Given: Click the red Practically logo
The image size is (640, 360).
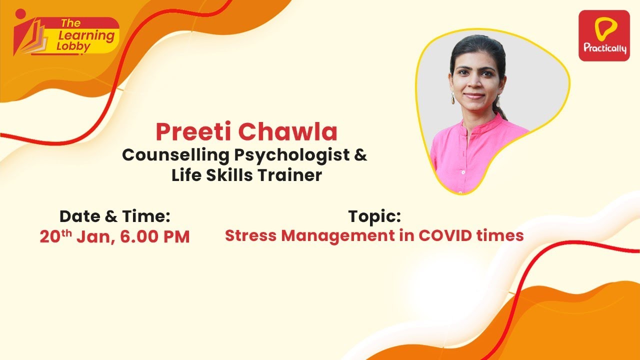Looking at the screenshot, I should point(603,35).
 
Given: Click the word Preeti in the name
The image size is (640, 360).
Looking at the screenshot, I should point(193,132).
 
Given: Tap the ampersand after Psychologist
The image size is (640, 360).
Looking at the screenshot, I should point(360,155).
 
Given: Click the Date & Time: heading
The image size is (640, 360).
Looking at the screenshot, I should point(115,216).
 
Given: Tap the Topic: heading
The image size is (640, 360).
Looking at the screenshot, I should point(374,216).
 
